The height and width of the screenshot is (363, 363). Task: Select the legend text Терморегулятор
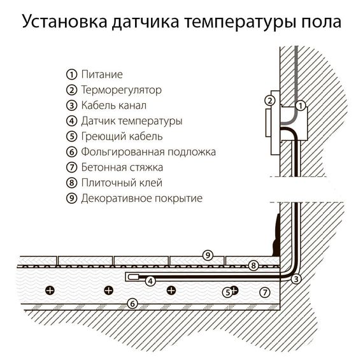121,90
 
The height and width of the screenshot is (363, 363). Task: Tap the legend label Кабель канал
114,106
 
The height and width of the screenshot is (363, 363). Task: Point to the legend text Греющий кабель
122,136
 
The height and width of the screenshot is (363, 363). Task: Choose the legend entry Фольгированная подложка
148,152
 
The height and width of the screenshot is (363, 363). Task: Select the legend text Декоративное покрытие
141,198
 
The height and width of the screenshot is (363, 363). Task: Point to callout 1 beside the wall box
301,104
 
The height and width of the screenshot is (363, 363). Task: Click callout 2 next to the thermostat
270,101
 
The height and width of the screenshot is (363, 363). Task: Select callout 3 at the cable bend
296,279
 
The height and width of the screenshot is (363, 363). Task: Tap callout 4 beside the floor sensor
150,281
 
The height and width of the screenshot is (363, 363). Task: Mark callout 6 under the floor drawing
132,303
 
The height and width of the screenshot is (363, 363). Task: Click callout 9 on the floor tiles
207,255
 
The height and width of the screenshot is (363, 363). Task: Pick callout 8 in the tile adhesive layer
253,266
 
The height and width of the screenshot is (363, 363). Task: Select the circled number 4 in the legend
71,121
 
